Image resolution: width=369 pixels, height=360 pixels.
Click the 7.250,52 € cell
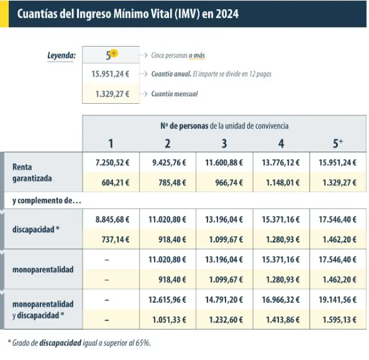(112, 163)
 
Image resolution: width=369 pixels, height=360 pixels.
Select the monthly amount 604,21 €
(116, 183)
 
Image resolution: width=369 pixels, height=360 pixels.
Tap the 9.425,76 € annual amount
(169, 163)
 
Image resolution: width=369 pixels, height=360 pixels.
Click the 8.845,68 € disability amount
(112, 219)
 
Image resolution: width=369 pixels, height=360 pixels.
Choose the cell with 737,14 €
(116, 239)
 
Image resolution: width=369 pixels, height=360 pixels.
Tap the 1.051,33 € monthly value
(169, 319)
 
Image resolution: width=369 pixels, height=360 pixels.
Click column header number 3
(224, 144)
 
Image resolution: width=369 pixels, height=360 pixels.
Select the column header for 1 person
(111, 144)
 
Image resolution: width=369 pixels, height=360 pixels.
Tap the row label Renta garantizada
(32, 172)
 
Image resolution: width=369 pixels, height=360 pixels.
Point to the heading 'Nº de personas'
(184, 125)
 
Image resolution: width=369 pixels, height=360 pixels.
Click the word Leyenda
(61, 56)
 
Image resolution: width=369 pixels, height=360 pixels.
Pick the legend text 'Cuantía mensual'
(174, 93)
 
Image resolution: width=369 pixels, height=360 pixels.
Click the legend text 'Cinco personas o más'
(178, 55)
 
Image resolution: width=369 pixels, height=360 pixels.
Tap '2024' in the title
(227, 13)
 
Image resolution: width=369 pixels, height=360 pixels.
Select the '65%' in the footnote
(142, 343)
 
